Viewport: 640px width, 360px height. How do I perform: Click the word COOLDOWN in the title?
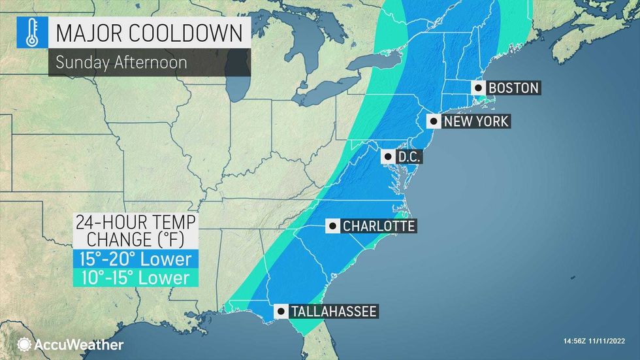(196, 31)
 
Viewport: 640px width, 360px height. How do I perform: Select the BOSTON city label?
(514, 88)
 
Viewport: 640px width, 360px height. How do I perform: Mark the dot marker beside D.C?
(388, 157)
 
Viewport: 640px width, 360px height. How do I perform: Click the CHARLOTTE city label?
(379, 226)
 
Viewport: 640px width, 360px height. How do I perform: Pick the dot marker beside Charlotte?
(333, 226)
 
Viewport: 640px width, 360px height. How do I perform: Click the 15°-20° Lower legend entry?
(135, 259)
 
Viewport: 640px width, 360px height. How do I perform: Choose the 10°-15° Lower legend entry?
(135, 278)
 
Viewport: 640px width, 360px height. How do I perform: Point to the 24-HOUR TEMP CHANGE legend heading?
(135, 231)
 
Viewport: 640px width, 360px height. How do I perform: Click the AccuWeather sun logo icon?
(24, 344)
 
